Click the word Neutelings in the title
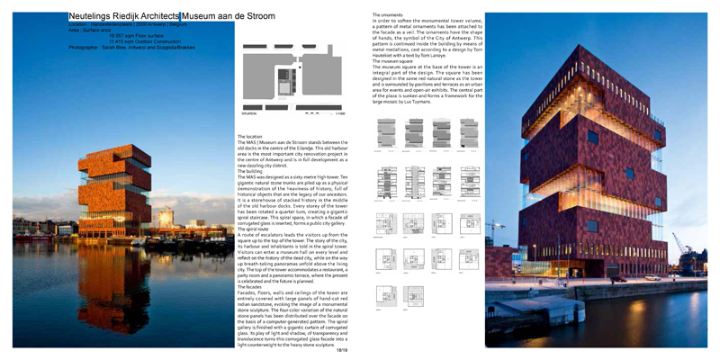(x=93, y=16)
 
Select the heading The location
(x=250, y=136)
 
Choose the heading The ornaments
(x=387, y=14)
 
